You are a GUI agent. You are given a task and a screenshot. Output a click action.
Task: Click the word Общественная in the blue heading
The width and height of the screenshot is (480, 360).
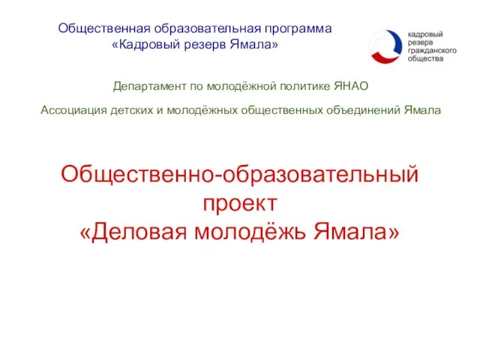(104, 28)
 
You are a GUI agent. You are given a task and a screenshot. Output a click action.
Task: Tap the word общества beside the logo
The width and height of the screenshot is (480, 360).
(425, 60)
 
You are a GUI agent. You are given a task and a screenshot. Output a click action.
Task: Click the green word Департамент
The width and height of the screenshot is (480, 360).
(148, 86)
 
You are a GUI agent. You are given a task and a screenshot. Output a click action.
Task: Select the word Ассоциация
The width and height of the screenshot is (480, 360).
(73, 110)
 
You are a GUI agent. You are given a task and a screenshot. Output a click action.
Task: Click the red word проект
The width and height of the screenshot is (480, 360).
(240, 203)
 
